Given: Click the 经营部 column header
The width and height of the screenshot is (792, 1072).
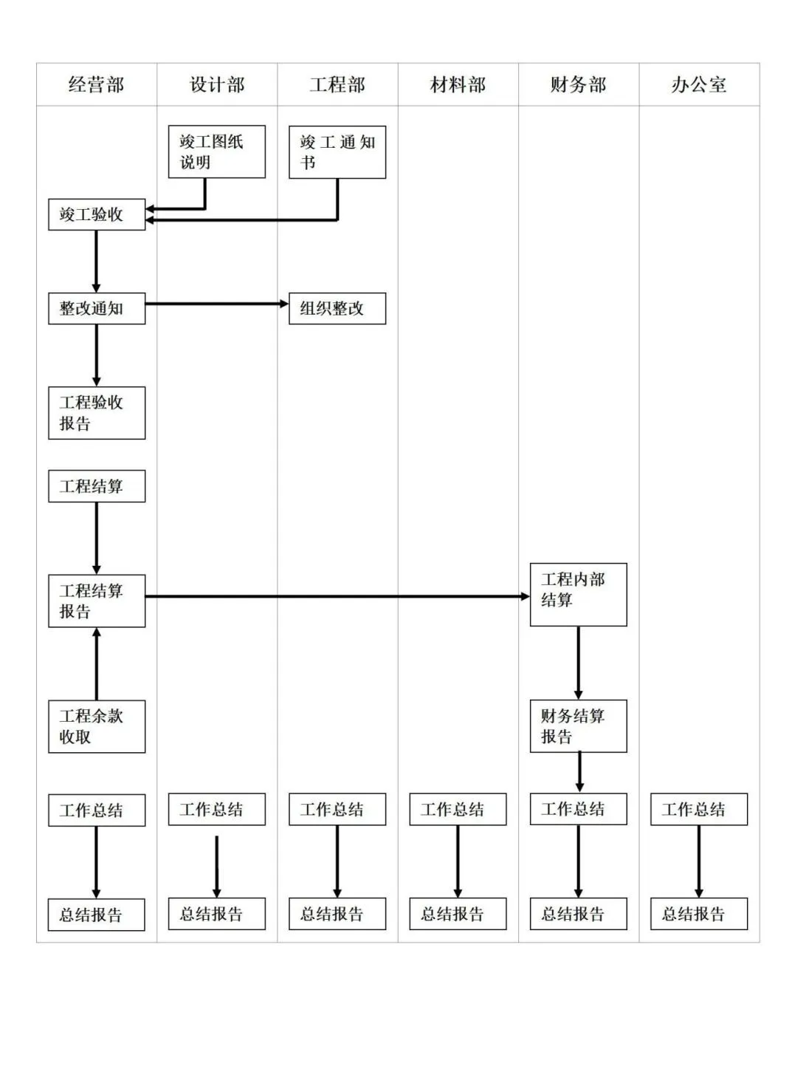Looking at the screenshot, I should [96, 85].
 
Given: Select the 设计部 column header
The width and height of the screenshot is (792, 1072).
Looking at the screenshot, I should [217, 85].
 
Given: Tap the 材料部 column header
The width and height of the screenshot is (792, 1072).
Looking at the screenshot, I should [458, 85].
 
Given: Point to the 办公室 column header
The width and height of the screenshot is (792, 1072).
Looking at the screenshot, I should [698, 85].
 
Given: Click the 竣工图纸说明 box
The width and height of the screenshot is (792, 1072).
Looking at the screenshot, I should [216, 151].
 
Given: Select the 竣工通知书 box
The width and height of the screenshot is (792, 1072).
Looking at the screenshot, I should [337, 151].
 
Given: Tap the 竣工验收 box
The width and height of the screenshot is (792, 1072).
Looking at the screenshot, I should [97, 215].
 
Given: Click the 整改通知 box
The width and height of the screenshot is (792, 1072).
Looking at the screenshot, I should [97, 309].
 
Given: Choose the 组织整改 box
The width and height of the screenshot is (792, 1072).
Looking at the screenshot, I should [337, 309].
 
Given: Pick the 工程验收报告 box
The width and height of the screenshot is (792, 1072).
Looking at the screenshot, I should [97, 413].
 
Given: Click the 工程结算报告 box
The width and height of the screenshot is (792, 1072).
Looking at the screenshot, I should [97, 601].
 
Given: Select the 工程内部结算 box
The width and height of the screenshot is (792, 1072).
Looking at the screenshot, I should [578, 595].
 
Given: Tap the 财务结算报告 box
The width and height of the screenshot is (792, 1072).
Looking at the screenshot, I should [578, 726].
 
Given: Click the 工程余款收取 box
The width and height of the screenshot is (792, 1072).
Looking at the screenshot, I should [97, 726].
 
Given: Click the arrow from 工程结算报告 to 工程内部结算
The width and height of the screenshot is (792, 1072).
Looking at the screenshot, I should [337, 596].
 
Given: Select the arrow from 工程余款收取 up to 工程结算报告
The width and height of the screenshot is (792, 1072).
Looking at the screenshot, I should [97, 663].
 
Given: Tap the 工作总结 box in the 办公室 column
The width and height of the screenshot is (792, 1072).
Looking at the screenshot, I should [698, 809].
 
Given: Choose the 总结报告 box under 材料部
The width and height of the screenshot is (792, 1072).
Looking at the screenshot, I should [458, 914].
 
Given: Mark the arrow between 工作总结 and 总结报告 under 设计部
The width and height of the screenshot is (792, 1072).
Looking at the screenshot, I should [216, 866].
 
